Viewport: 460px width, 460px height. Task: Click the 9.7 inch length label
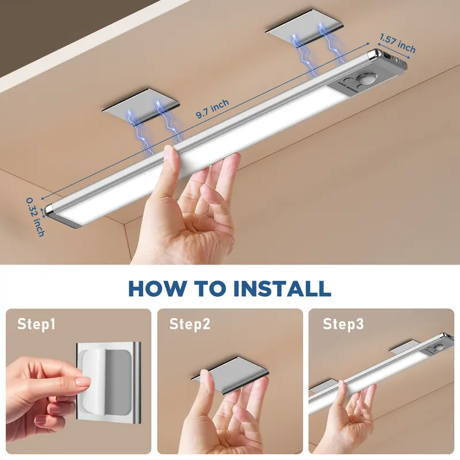point(212,109)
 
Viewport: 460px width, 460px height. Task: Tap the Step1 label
point(36,324)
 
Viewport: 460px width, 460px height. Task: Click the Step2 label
point(190,324)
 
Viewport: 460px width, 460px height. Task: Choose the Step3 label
point(343,324)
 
